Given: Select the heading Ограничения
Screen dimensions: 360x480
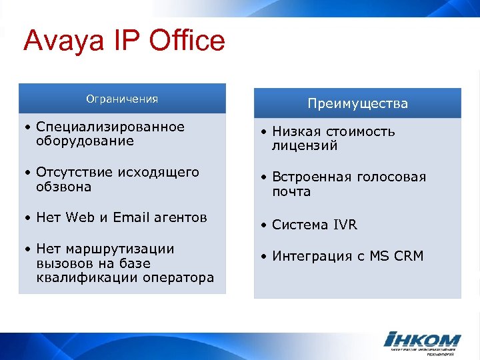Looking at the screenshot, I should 122,99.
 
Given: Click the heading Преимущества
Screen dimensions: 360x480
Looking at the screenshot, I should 357,104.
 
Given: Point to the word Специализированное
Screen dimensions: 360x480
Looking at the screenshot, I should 110,127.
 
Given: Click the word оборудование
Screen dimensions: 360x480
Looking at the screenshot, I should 85,141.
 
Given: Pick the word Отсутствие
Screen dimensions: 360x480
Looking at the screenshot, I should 75,173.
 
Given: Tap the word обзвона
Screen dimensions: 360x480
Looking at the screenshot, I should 64,187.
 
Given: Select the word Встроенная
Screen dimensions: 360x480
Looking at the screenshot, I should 310,177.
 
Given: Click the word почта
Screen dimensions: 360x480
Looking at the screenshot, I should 291,192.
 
